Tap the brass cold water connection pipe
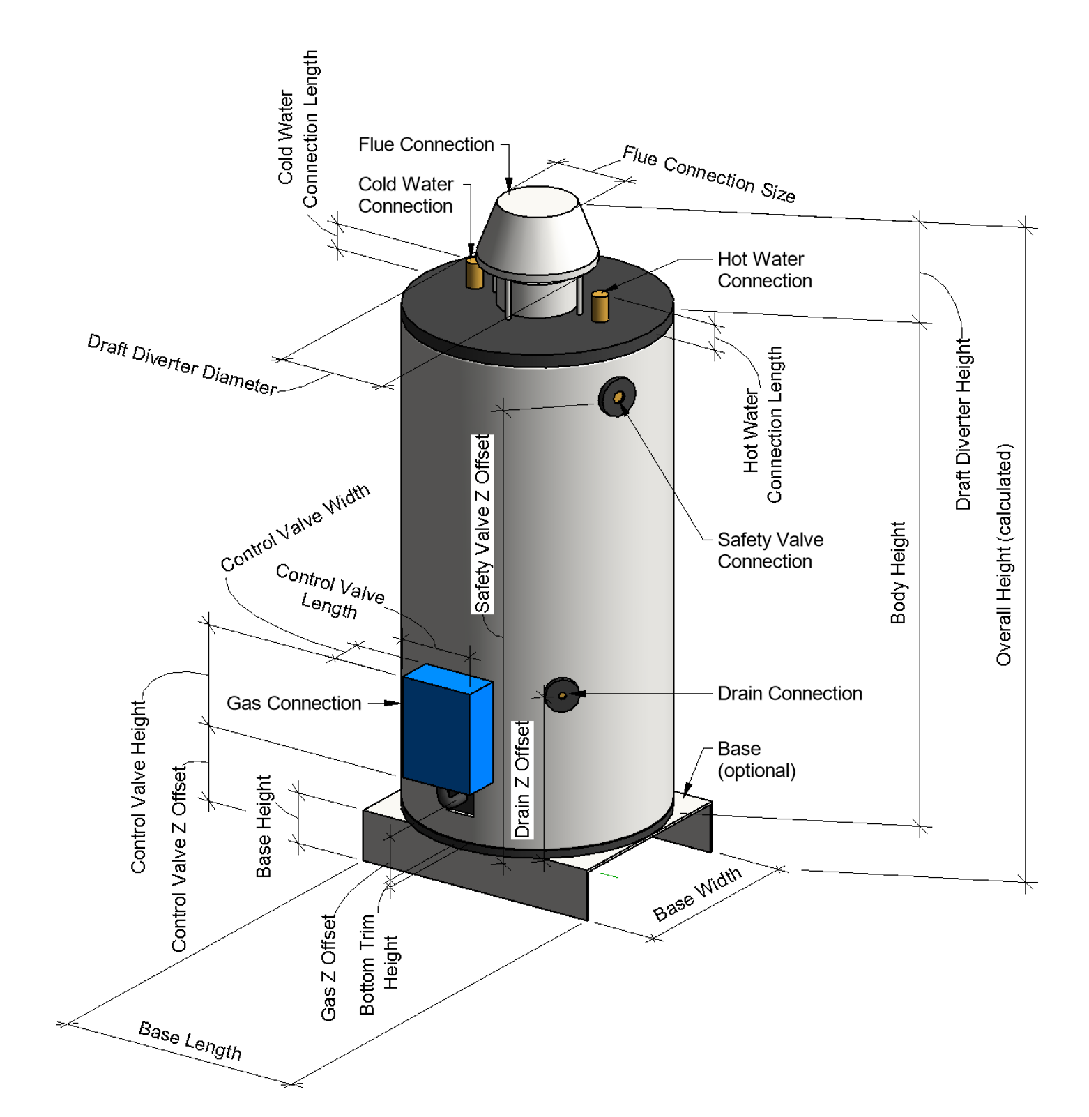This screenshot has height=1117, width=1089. click(x=474, y=273)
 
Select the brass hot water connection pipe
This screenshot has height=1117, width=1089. click(x=600, y=307)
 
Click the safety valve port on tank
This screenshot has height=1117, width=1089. click(x=618, y=397)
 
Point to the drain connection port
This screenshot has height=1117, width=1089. click(x=562, y=694)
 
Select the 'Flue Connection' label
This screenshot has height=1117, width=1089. click(x=426, y=144)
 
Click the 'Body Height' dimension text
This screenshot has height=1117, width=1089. click(x=898, y=572)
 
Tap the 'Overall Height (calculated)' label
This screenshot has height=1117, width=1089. click(x=1003, y=554)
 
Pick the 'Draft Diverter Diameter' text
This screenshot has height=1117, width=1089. click(x=182, y=364)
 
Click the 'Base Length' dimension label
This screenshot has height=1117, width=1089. click(x=190, y=1040)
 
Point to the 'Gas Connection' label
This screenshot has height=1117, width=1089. click(x=294, y=703)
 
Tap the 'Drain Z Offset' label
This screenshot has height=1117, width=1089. click(x=522, y=779)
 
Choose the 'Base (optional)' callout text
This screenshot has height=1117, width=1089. click(x=756, y=759)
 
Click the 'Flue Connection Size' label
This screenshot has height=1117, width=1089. click(x=708, y=174)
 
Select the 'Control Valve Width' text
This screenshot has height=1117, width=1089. click(x=295, y=527)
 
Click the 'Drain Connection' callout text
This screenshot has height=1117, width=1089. click(x=789, y=693)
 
